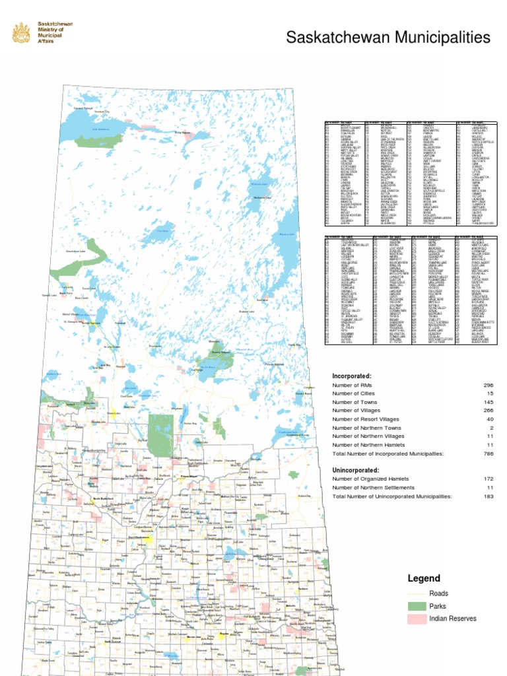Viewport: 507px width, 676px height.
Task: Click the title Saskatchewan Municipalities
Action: click(388, 38)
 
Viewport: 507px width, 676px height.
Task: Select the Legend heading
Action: click(423, 578)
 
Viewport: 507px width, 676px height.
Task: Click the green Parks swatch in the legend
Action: click(417, 606)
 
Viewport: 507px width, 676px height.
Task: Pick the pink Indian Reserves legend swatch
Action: click(417, 619)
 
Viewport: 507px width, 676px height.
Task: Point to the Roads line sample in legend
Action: click(417, 593)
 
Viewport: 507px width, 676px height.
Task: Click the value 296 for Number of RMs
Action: click(488, 384)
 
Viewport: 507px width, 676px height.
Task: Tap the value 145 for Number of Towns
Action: click(488, 401)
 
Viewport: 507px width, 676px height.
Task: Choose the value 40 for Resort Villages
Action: click(489, 419)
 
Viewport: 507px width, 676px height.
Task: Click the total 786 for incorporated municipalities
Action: click(488, 454)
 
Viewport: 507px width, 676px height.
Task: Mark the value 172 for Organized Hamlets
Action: click(488, 478)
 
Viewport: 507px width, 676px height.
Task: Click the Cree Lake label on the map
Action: click(163, 231)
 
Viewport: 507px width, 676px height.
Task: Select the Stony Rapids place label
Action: click(182, 133)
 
